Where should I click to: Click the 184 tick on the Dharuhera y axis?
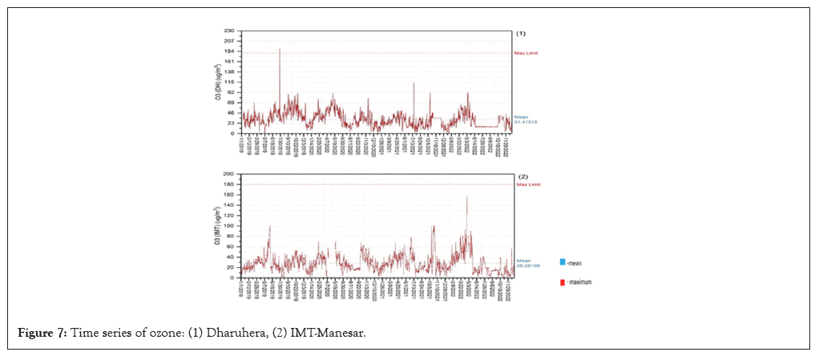(x=230, y=51)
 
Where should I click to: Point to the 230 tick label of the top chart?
(x=230, y=30)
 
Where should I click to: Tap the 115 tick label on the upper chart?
(x=230, y=82)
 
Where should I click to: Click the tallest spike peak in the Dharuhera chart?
(x=280, y=49)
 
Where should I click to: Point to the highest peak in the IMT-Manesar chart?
(x=467, y=197)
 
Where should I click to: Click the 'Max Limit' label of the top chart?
(x=526, y=53)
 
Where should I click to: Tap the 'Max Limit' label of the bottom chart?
(x=528, y=184)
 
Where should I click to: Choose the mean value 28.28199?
(x=528, y=265)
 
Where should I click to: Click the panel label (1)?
(x=521, y=34)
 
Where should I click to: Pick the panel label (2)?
(x=523, y=176)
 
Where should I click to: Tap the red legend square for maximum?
(x=563, y=281)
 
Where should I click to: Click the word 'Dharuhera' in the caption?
(x=196, y=333)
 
